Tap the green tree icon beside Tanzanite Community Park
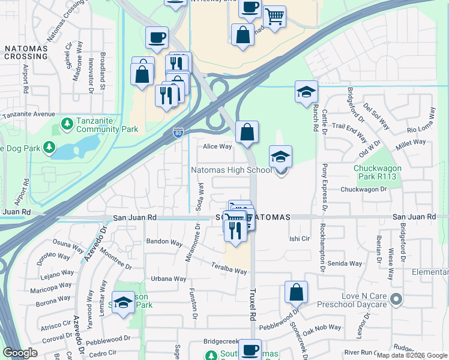68,125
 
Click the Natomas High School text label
232,170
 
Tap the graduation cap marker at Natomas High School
280,157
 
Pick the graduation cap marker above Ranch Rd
306,92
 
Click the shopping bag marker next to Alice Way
247,132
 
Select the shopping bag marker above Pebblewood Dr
296,293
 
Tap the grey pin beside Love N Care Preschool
396,299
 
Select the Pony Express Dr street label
325,185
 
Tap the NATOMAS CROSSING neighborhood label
25,52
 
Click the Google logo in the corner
20,353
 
